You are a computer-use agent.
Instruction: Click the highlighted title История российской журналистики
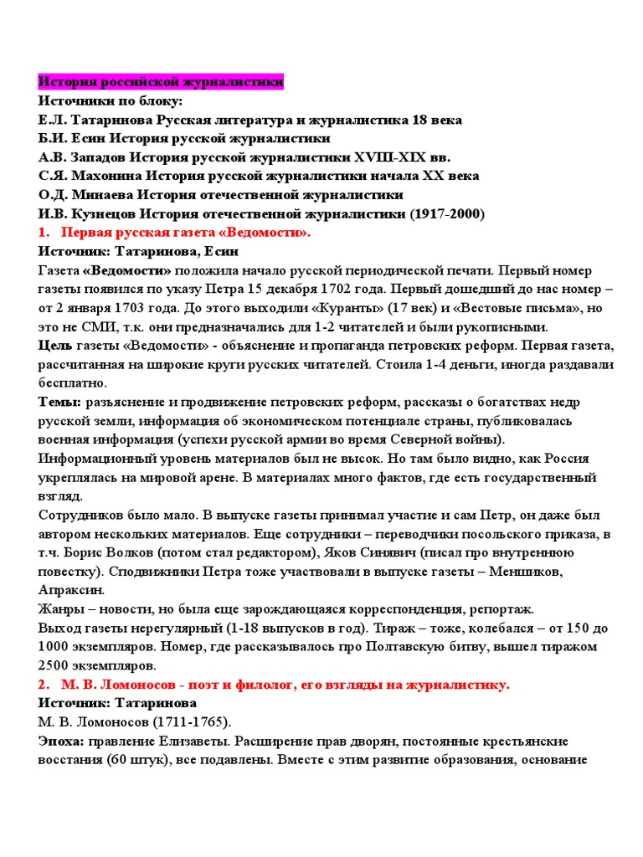click(161, 83)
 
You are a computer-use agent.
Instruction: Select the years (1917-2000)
click(447, 213)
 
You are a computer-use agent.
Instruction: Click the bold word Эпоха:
click(62, 741)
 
